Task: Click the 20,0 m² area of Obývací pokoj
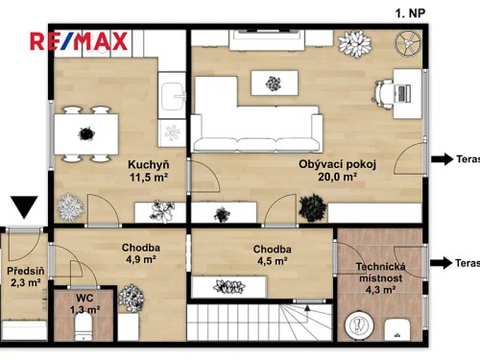tap(339, 177)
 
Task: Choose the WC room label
tap(85, 298)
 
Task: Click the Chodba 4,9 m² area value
tap(140, 258)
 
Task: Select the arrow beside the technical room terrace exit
tap(444, 262)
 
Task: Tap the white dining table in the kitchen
tap(81, 129)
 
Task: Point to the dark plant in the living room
tap(310, 206)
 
